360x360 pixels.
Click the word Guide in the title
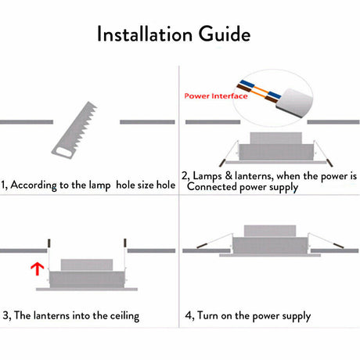click(x=225, y=34)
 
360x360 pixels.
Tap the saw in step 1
click(x=74, y=130)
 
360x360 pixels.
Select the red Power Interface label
click(x=216, y=96)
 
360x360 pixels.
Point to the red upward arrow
click(x=37, y=269)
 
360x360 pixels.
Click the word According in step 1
click(x=34, y=185)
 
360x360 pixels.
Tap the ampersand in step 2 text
click(x=229, y=175)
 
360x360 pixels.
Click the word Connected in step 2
click(x=212, y=186)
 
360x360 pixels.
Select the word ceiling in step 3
click(x=124, y=316)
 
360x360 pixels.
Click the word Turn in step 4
click(x=207, y=315)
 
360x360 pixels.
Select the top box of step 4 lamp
click(x=270, y=231)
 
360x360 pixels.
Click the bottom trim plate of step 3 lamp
click(x=87, y=289)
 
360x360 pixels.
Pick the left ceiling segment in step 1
click(x=27, y=122)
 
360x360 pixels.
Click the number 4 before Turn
click(x=188, y=315)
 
